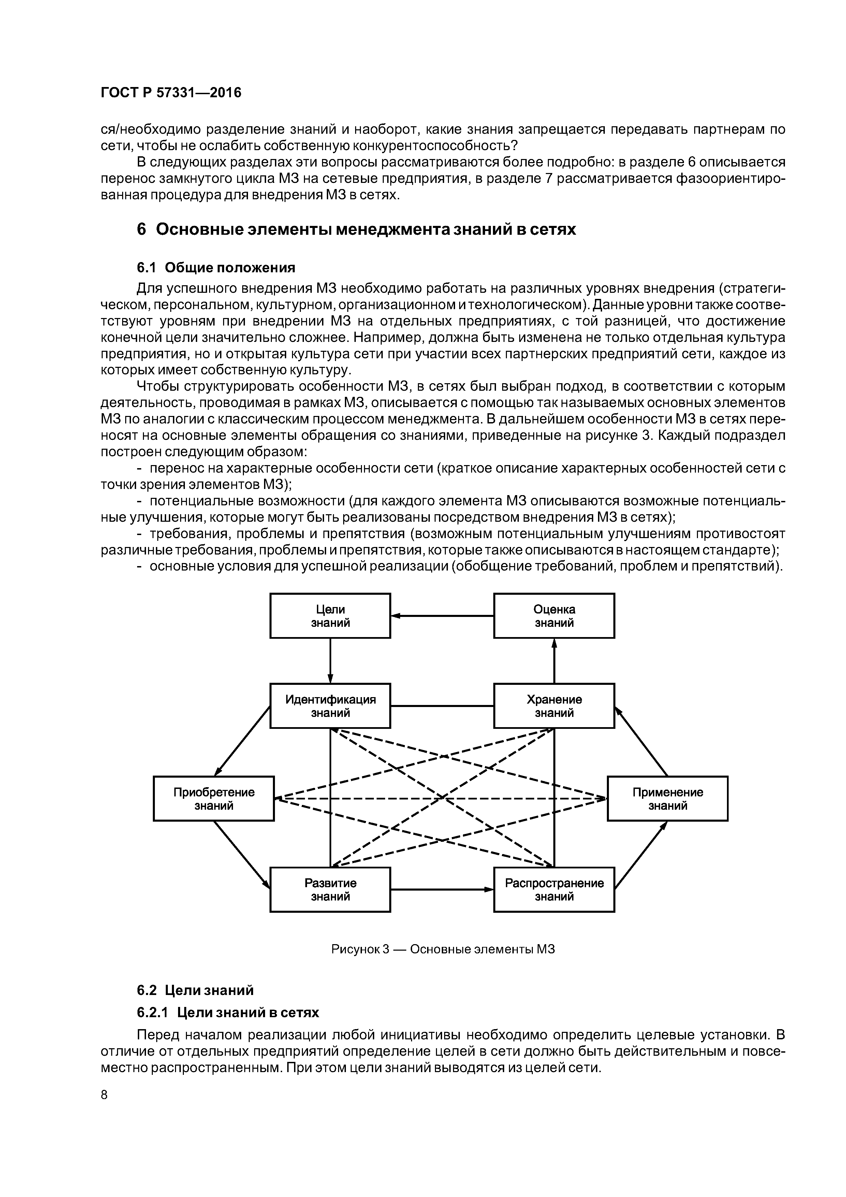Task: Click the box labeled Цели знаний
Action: [x=330, y=616]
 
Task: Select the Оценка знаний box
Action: [x=554, y=616]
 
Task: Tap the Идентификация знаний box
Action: [x=330, y=706]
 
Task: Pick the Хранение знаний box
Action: [x=554, y=706]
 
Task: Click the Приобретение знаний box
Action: [x=214, y=799]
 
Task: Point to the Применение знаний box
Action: [x=667, y=799]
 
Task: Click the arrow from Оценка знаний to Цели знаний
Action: [x=442, y=616]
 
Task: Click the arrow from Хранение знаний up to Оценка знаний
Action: [x=554, y=661]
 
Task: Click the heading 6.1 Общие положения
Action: [x=216, y=268]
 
